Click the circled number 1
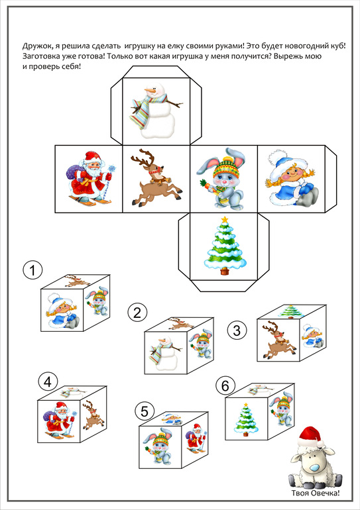32,270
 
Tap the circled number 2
137,313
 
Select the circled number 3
237,331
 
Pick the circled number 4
48,382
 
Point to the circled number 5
145,411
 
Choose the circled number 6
225,386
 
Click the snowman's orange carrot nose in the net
150,89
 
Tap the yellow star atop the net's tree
224,221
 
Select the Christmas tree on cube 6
246,419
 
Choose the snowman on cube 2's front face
164,353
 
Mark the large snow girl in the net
291,180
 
